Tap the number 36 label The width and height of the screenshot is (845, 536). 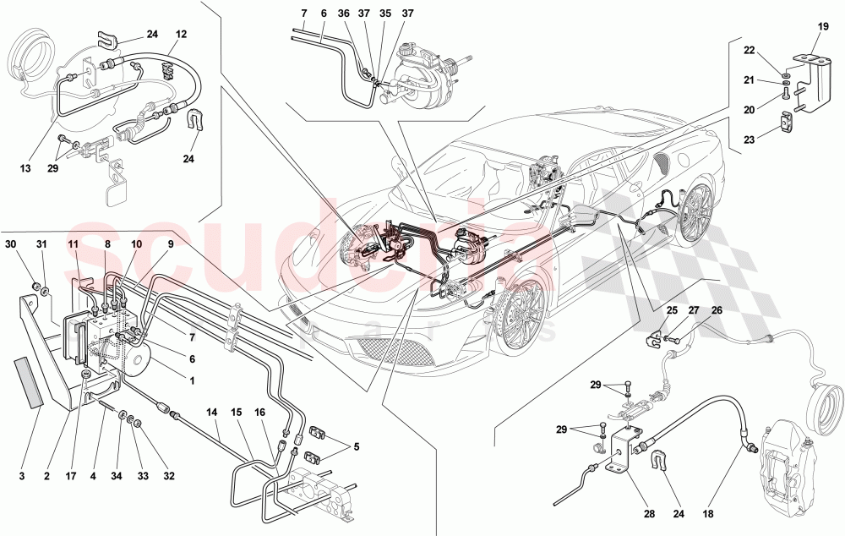(x=342, y=14)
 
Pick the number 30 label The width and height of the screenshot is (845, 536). (x=10, y=245)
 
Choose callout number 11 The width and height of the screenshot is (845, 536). (x=74, y=245)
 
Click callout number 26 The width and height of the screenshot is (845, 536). (x=717, y=309)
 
